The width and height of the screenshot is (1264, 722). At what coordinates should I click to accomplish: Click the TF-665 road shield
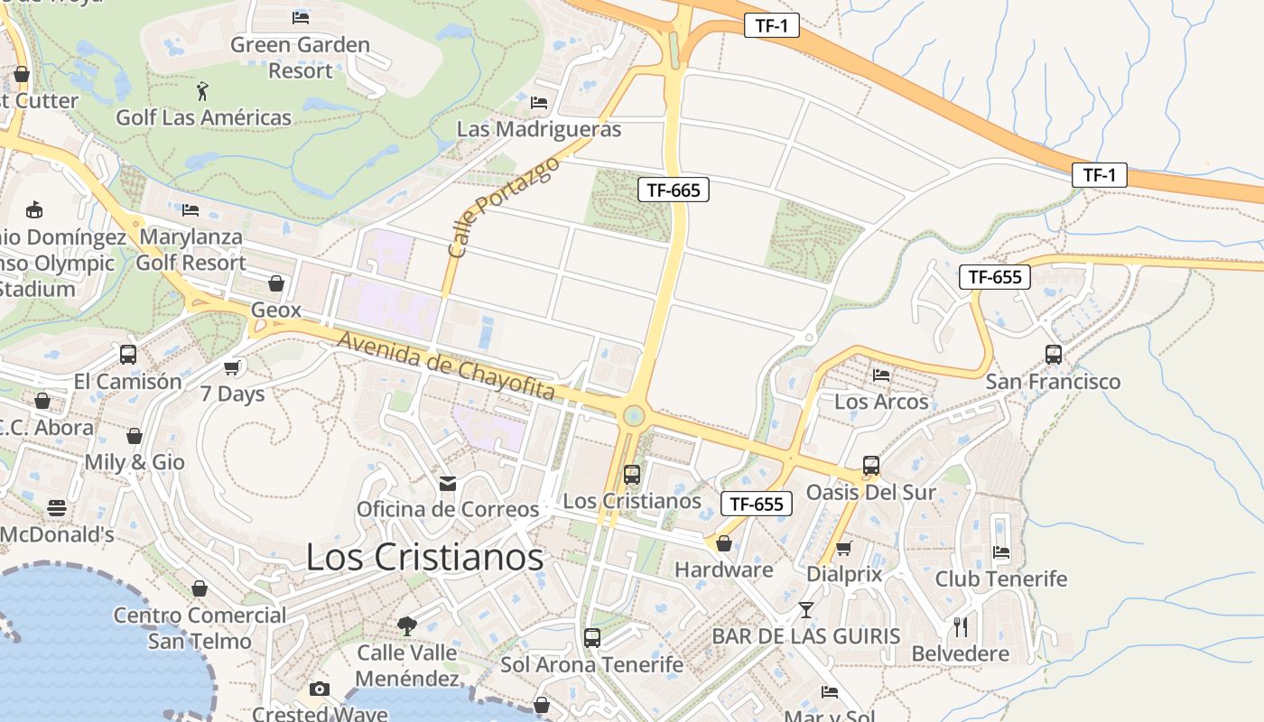pos(674,190)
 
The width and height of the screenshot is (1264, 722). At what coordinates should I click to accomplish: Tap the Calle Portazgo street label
pos(502,208)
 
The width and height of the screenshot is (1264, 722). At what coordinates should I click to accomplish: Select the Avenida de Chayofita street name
pos(446,366)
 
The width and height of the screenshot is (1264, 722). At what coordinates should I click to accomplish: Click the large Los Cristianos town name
pos(424,557)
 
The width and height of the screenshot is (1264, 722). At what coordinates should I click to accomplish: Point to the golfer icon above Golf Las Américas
pos(203,90)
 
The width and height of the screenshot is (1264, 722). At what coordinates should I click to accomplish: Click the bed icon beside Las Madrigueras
pos(539,103)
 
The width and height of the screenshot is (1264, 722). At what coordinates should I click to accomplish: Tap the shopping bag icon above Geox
pos(276,283)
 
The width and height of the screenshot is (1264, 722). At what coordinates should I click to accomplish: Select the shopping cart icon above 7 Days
pos(232,366)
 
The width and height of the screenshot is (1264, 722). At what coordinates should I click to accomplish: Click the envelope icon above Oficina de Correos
pos(448,484)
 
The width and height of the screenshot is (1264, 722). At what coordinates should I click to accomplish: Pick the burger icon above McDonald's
pos(57,507)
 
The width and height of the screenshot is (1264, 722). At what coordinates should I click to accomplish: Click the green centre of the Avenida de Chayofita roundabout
pos(634,415)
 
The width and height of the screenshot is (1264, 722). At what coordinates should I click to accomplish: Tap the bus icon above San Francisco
pos(1053,354)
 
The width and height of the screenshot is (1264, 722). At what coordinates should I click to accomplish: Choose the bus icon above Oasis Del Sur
pos(870,466)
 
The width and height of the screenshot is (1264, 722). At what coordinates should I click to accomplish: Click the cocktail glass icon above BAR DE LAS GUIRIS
pos(806,610)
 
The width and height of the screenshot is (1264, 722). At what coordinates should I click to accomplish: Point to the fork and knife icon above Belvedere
pos(961,626)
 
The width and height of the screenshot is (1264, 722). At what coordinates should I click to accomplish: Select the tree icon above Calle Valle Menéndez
pos(407,625)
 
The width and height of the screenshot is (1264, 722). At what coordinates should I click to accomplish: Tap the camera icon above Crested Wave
pos(319,690)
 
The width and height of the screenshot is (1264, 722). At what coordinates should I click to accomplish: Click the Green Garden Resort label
pos(300,57)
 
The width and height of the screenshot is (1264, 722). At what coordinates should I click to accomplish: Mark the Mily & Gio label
pos(135,462)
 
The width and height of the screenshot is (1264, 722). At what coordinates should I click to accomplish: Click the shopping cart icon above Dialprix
pos(844,548)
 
